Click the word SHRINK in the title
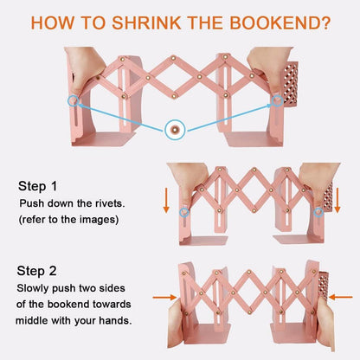[146, 22]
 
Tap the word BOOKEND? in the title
[280, 22]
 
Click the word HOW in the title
[52, 22]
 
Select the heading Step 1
[38, 186]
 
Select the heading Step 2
[36, 271]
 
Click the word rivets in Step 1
[110, 203]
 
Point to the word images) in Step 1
[100, 220]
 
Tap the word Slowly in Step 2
[33, 288]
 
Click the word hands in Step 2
[115, 320]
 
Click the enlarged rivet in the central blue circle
[175, 130]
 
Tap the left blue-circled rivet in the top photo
[74, 100]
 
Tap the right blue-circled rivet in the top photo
[277, 100]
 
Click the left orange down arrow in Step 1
[166, 201]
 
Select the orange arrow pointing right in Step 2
[164, 297]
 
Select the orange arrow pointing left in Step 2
[341, 297]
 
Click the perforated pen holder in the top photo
[291, 83]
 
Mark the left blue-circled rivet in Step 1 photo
[184, 213]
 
